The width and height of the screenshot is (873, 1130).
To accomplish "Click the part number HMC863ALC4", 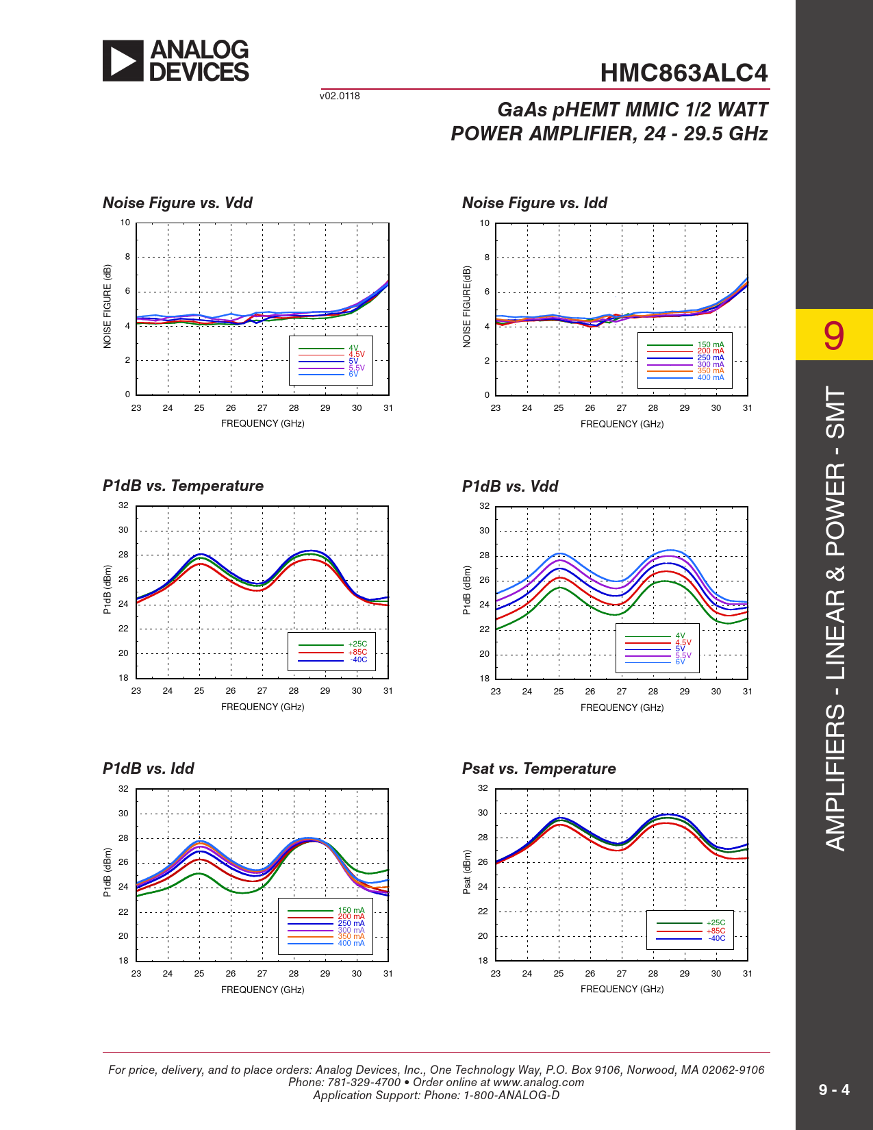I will coord(683,73).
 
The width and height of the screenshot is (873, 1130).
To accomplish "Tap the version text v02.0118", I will coord(340,96).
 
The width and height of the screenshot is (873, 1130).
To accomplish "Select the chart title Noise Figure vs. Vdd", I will coord(177,203).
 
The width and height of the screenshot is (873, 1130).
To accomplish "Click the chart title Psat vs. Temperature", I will coord(539,768).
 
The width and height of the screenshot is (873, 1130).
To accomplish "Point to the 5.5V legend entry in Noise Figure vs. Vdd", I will coord(356,368).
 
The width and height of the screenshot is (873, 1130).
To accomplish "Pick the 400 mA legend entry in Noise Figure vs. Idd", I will coord(710,377).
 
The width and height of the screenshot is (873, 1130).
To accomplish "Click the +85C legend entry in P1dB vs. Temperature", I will coord(357,652).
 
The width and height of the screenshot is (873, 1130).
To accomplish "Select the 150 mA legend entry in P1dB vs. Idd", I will coord(351,910).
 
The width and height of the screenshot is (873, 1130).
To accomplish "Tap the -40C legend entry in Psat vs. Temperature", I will coord(716,938).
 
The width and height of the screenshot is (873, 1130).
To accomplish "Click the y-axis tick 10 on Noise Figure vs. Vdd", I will coord(125,223).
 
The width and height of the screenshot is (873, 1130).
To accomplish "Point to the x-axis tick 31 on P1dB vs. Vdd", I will coord(747,692).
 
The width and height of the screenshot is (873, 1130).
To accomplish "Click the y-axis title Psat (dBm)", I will coord(467,872).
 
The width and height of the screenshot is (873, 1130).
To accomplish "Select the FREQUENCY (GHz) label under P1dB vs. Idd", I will coord(262,990).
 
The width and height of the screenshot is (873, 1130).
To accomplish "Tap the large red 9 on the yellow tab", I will coord(833,336).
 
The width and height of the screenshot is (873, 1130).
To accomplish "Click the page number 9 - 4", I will coord(834,1090).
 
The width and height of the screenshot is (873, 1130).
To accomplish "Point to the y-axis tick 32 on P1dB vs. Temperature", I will coord(123,505).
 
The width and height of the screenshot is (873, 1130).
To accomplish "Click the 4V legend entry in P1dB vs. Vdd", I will coord(680,636).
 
